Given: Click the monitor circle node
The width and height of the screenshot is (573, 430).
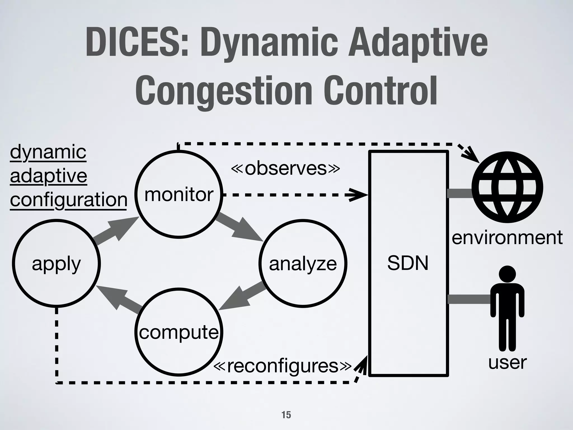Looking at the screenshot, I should point(179,194).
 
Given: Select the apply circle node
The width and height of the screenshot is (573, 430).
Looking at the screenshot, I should point(56,263).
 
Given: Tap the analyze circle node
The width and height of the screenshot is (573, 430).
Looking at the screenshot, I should point(303,263).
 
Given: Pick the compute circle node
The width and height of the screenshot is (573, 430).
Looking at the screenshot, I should point(179,332).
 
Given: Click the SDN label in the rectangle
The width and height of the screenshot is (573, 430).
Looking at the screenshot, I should point(408,263).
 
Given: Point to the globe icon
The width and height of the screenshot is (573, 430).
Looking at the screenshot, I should point(507,187).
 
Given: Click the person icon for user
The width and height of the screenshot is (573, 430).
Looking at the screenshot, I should point(507,308).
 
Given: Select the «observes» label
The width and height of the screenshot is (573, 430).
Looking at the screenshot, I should point(285,168).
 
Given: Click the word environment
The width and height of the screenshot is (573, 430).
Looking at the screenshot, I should point(507,237).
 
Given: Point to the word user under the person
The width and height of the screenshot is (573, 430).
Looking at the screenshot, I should point(507,362).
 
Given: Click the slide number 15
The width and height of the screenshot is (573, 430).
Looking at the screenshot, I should point(286,415).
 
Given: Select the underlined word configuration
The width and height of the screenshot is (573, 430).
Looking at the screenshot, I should point(69,200).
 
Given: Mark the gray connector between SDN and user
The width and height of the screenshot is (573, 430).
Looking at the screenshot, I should point(469,299).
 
